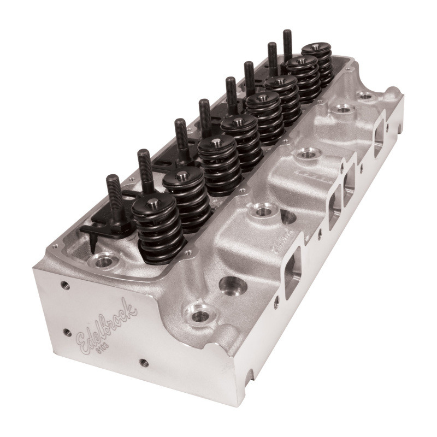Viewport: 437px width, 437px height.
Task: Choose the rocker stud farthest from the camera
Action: point(287,44)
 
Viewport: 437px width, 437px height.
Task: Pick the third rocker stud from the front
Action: point(180,134)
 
